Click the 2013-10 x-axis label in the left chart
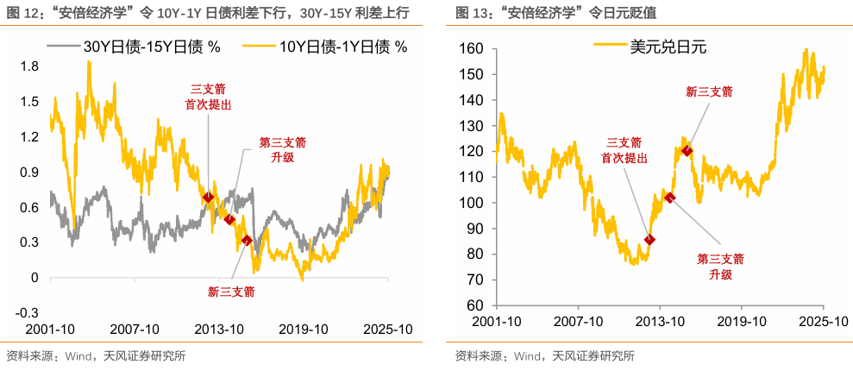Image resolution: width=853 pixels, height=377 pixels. click(219, 330)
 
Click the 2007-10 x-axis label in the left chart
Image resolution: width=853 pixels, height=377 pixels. click(135, 330)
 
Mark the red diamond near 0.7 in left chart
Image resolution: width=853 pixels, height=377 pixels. click(208, 198)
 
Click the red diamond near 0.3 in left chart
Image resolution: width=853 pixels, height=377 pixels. click(248, 240)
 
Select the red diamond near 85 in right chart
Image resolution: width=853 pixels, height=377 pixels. click(650, 240)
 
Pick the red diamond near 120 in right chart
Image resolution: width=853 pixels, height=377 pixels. click(687, 151)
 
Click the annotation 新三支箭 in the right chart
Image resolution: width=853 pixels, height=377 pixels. click(708, 91)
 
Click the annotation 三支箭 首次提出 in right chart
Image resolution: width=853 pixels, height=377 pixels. click(624, 150)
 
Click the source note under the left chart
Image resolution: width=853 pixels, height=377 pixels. click(96, 355)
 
